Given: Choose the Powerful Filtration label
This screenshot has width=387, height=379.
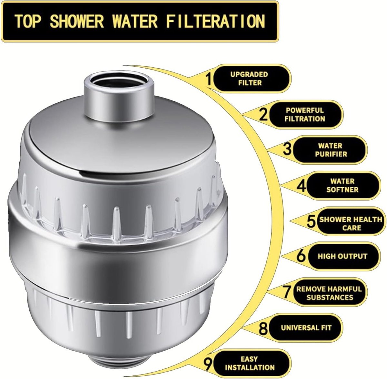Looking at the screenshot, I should pyautogui.click(x=305, y=115).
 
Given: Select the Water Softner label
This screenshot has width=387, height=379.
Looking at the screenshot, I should pyautogui.click(x=342, y=185).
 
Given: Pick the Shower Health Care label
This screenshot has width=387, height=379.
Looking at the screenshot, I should pyautogui.click(x=350, y=223).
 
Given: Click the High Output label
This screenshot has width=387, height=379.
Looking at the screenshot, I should pyautogui.click(x=342, y=256).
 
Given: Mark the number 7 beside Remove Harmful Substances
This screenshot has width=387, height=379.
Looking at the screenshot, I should pyautogui.click(x=288, y=292).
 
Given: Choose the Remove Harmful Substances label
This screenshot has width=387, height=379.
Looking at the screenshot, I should pyautogui.click(x=329, y=293).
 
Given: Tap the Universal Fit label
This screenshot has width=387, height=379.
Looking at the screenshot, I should pyautogui.click(x=306, y=328).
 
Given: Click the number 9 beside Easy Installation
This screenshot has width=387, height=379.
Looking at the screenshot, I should pyautogui.click(x=209, y=364).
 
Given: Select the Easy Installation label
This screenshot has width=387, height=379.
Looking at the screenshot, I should pyautogui.click(x=250, y=363).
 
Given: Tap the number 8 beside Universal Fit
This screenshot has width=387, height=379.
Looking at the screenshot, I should pyautogui.click(x=263, y=329).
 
